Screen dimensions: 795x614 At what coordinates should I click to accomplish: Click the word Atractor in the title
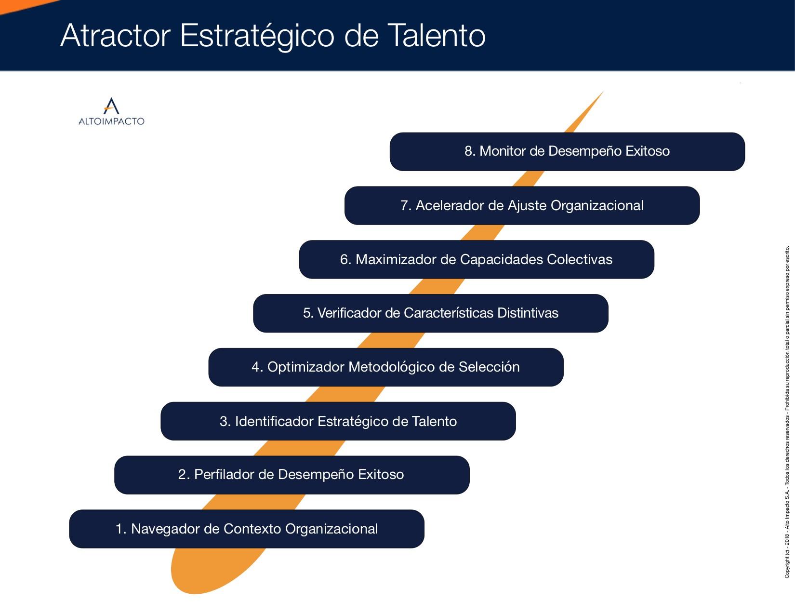click(x=116, y=36)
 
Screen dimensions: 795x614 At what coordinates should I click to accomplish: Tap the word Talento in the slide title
click(x=436, y=36)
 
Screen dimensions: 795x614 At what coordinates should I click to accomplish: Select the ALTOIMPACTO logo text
click(x=112, y=121)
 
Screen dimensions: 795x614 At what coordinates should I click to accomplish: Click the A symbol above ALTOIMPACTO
click(x=111, y=106)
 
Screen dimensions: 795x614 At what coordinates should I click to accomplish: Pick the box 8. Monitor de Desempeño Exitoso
click(x=567, y=151)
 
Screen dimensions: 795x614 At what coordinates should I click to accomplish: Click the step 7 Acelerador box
click(x=522, y=205)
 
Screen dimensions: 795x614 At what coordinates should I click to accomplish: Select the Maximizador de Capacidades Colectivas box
click(x=477, y=259)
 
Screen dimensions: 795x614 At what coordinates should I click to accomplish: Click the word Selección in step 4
click(x=489, y=367)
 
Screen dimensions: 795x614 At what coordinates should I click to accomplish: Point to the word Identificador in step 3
click(x=274, y=421)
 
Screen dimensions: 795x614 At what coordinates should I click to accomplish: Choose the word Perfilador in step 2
click(x=224, y=475)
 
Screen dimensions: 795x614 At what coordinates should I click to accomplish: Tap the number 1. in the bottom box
click(x=121, y=529)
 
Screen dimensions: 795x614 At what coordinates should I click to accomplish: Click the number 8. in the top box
click(x=470, y=151)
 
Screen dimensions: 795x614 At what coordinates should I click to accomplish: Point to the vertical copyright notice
click(x=787, y=412)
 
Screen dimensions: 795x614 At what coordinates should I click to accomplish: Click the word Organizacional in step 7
click(x=597, y=206)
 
